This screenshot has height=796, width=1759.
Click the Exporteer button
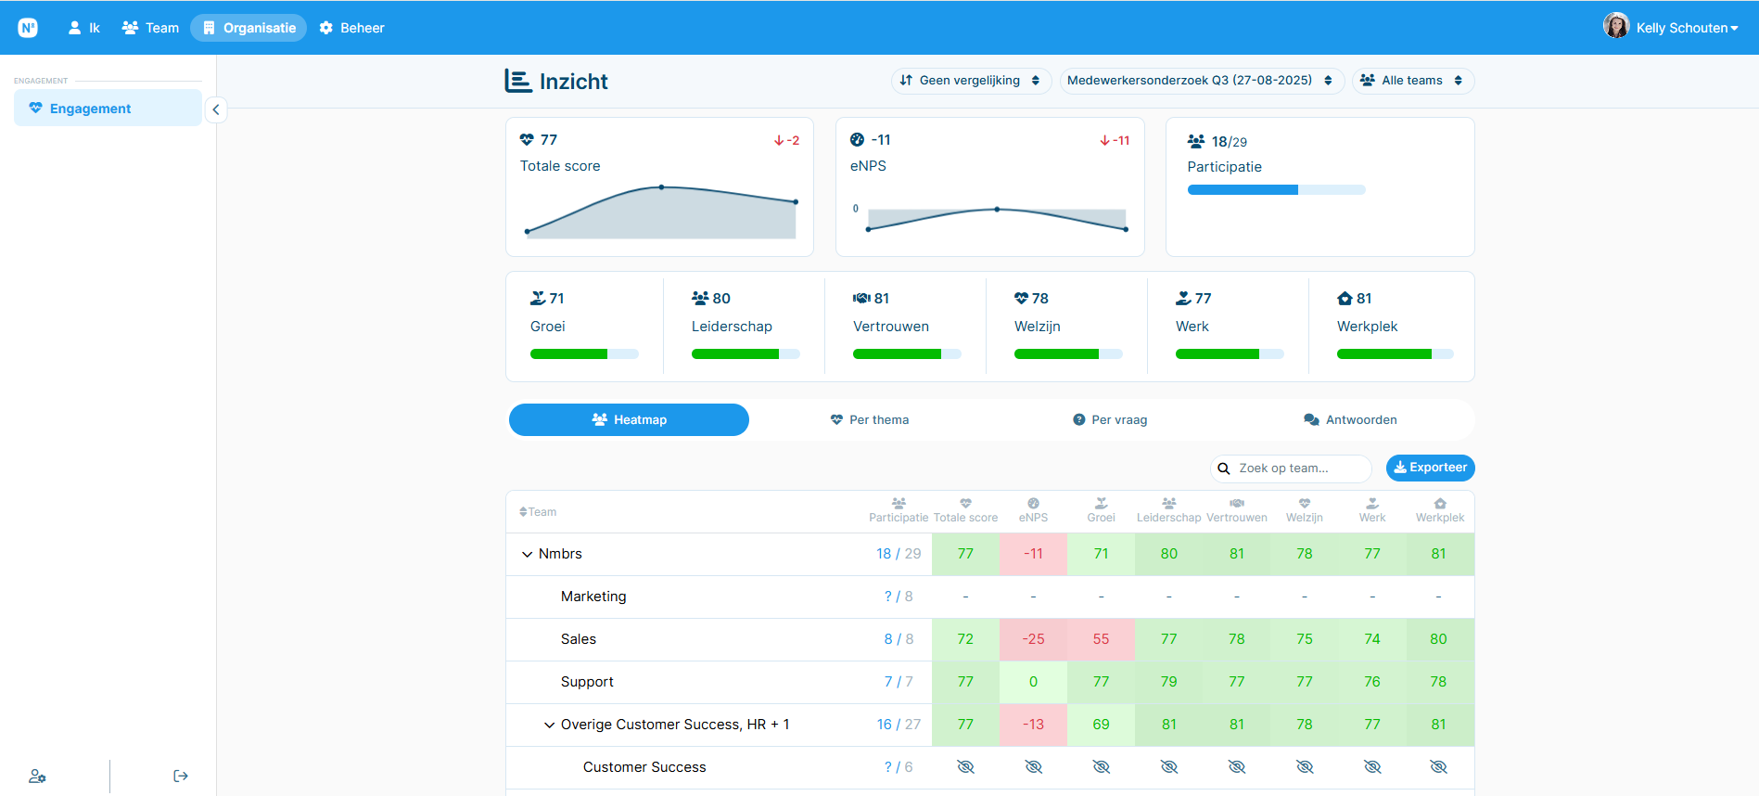tap(1430, 468)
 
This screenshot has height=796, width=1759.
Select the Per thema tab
tap(870, 420)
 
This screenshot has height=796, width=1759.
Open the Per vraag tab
tap(1110, 420)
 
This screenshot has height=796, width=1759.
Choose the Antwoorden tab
tap(1350, 420)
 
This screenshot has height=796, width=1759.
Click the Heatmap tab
tap(629, 420)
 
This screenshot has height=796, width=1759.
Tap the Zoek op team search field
tap(1291, 469)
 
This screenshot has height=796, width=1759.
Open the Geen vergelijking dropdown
tap(971, 81)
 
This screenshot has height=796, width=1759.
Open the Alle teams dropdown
tap(1412, 81)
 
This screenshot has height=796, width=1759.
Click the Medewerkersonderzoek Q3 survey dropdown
tap(1201, 81)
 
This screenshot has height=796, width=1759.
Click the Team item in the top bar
tap(150, 28)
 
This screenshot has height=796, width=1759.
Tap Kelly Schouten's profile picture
tap(1616, 26)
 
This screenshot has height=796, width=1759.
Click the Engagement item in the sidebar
tap(108, 109)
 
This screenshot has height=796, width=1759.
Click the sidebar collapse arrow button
tap(216, 109)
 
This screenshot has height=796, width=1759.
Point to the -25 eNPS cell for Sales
tap(1033, 639)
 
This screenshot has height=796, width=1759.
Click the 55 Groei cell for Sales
tap(1101, 639)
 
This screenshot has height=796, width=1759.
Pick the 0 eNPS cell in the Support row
tap(1033, 682)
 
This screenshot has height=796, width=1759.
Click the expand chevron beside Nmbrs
tap(528, 555)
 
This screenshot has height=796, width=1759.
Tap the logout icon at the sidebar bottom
tap(181, 777)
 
